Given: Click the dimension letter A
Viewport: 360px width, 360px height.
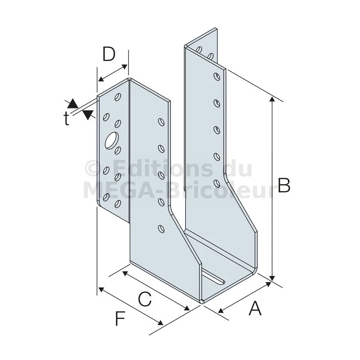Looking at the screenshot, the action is (x=255, y=308).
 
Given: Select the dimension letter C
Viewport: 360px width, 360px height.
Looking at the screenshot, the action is (x=145, y=299).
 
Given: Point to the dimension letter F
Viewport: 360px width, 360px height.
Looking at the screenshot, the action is (x=120, y=318).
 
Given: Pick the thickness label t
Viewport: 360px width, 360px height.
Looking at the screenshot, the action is (x=66, y=119).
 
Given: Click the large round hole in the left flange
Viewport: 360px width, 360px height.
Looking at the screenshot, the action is (x=112, y=140).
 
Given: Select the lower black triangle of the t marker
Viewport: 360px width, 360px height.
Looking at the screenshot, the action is (x=88, y=115).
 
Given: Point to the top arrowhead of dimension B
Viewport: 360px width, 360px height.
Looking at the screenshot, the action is (x=272, y=99).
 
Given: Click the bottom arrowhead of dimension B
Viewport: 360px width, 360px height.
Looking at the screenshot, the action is (x=272, y=278).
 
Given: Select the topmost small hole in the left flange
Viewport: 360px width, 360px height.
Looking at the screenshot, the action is (x=118, y=97).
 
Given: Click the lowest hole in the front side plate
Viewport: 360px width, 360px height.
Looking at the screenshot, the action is (x=162, y=229).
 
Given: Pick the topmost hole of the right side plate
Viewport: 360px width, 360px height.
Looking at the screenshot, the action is (x=216, y=76).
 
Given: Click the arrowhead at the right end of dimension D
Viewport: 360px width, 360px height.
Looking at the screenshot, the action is (x=124, y=67).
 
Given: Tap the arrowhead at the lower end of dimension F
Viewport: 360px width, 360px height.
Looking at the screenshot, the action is (x=160, y=322).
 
